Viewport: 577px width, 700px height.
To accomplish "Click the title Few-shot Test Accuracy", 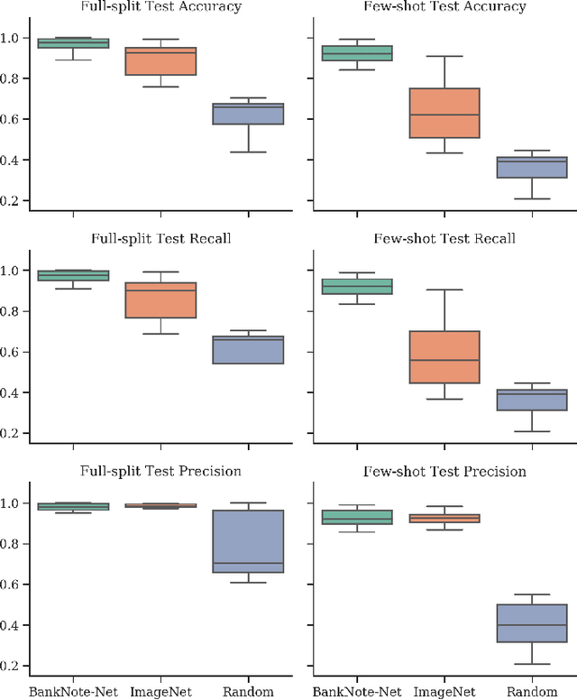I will point(444,7).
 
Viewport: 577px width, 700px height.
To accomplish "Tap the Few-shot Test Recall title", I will point(444,239).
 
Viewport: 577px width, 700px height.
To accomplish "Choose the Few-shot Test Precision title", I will point(444,471).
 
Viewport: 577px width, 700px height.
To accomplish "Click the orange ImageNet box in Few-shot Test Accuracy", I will point(444,113).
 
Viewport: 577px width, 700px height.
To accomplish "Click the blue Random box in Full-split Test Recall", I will point(248,350).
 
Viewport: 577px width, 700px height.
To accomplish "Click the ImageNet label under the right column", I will point(444,692).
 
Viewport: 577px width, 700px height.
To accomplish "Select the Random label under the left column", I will point(248,692).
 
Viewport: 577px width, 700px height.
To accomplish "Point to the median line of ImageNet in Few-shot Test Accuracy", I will point(444,115).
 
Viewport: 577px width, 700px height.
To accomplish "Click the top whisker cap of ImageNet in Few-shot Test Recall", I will point(444,290).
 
